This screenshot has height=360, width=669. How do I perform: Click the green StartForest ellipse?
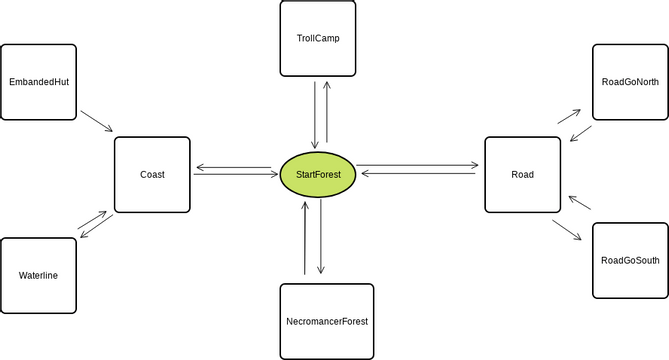click(318, 175)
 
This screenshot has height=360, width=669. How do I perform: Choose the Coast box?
click(152, 174)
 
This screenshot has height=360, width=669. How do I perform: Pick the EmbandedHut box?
click(39, 81)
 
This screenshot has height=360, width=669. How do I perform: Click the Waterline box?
click(38, 275)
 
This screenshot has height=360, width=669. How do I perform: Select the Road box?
click(522, 175)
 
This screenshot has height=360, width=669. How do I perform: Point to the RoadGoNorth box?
click(630, 82)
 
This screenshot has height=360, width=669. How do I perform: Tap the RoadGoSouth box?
click(630, 260)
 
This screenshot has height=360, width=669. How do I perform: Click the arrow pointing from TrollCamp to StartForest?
click(316, 114)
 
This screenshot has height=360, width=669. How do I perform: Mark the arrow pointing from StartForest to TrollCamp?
click(327, 114)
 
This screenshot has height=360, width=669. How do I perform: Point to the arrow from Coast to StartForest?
click(236, 174)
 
